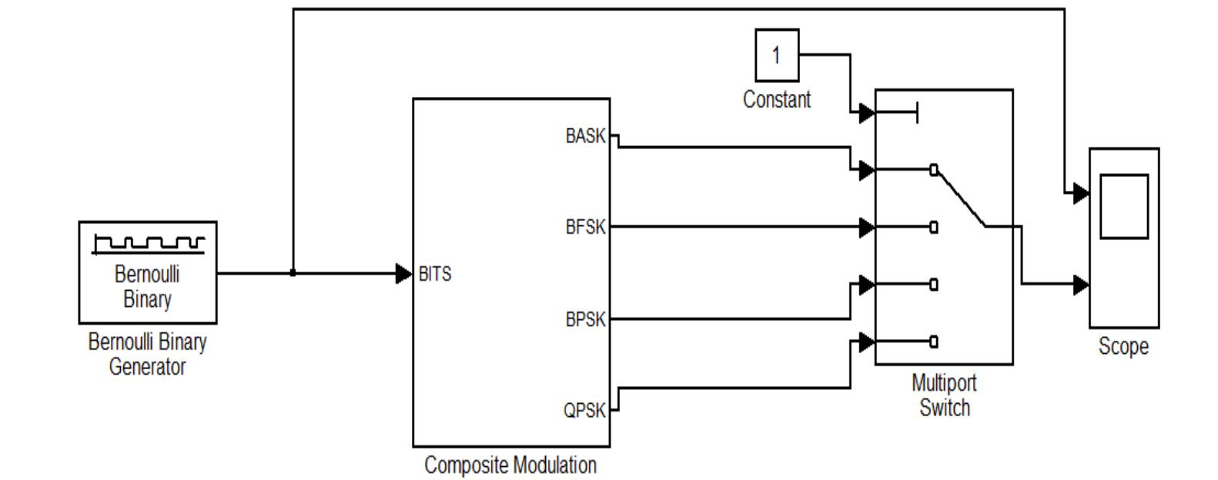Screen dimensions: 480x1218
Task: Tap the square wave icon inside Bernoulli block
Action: click(x=148, y=244)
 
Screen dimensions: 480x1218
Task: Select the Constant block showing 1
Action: click(x=776, y=55)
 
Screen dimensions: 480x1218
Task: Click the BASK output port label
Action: click(x=585, y=136)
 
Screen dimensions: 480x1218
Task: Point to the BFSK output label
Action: click(x=585, y=228)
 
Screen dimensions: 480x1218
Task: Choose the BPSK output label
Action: click(x=585, y=319)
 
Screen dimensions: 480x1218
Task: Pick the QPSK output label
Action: click(x=585, y=411)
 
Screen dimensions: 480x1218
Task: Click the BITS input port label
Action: click(x=435, y=275)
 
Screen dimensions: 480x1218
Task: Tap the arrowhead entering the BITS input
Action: click(x=403, y=273)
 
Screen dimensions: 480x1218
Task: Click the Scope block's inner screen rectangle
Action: click(x=1123, y=207)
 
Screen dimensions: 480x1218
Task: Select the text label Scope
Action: click(x=1123, y=347)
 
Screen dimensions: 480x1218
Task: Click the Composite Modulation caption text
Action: click(x=510, y=465)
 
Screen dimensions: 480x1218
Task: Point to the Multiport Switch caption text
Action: click(x=944, y=395)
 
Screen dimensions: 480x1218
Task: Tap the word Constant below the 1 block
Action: click(x=776, y=100)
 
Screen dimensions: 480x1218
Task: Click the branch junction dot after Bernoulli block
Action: click(x=293, y=273)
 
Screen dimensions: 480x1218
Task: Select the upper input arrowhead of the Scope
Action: click(x=1080, y=193)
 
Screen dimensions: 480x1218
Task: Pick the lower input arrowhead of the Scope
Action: click(x=1080, y=285)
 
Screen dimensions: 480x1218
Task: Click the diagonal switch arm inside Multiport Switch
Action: click(x=960, y=198)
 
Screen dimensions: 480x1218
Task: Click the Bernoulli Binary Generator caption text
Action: click(x=147, y=354)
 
